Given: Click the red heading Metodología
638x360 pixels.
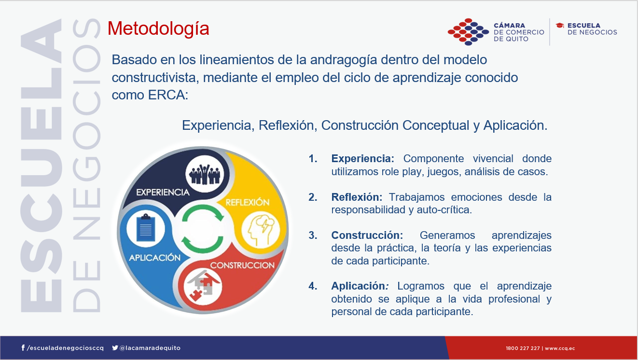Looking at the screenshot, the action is coord(158,29).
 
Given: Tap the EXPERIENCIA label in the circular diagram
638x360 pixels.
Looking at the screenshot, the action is coord(163,193).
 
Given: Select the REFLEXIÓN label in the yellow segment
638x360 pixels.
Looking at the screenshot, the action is coord(248,202).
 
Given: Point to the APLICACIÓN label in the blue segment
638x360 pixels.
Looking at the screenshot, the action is coord(154,258).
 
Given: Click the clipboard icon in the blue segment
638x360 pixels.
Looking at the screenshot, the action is coord(146,228).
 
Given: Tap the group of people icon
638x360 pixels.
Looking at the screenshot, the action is coord(205,174).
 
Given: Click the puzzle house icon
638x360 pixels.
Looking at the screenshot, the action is coord(203,286).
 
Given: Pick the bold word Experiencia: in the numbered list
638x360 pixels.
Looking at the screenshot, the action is coord(362,159).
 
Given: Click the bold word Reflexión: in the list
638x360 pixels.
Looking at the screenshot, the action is coord(357,197).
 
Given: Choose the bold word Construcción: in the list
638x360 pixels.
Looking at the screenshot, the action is coord(367,235).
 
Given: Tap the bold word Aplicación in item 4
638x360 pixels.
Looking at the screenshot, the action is coord(358,286).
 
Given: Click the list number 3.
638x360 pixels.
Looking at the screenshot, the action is coord(313,235).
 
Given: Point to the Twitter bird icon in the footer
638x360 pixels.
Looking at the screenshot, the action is coord(115,348).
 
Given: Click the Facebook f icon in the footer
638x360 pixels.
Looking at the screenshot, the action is coord(23,348).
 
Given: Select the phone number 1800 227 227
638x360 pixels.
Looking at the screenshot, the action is coord(523,348).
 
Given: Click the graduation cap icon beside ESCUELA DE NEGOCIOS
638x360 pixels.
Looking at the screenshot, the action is coord(560,26).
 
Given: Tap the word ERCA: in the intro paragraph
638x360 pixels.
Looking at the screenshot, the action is coord(168,95).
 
